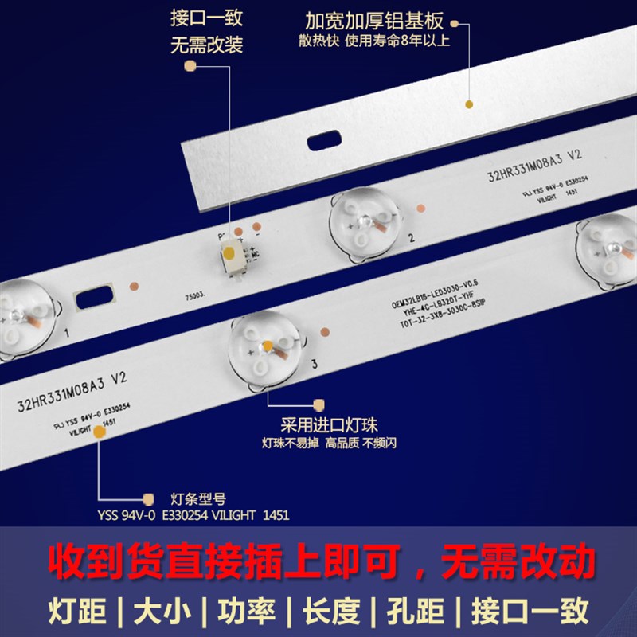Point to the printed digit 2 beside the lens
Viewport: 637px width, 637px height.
(x=411, y=237)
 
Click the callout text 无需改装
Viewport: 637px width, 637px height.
(x=206, y=45)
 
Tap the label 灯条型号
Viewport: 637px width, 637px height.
(x=198, y=499)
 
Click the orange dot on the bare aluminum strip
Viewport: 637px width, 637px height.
(x=468, y=104)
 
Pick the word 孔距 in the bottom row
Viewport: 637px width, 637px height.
(x=410, y=612)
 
